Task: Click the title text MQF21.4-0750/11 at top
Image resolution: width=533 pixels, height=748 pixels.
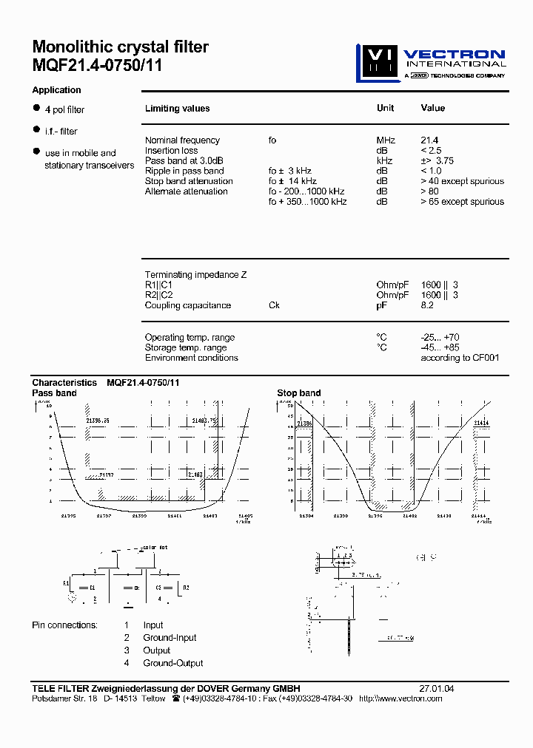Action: (97, 65)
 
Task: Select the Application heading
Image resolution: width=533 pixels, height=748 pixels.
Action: (56, 90)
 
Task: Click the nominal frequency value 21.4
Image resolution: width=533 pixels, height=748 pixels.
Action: (429, 140)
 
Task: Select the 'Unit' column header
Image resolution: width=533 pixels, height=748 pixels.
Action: (385, 108)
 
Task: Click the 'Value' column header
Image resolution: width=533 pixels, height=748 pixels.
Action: (433, 108)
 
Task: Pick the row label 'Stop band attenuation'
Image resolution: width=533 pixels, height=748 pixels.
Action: (189, 181)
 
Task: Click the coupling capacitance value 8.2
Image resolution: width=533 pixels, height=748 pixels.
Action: (427, 305)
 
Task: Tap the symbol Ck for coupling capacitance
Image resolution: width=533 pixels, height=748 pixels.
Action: (274, 305)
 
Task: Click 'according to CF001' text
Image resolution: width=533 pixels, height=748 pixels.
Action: (460, 358)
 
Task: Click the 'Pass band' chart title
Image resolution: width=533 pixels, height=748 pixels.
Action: (54, 393)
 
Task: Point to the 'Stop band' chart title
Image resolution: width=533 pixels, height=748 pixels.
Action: (298, 393)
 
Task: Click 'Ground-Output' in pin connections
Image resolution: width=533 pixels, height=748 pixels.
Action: (172, 663)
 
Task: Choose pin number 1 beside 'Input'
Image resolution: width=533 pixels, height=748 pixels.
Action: (127, 625)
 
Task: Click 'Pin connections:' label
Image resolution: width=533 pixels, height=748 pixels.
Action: (64, 625)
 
